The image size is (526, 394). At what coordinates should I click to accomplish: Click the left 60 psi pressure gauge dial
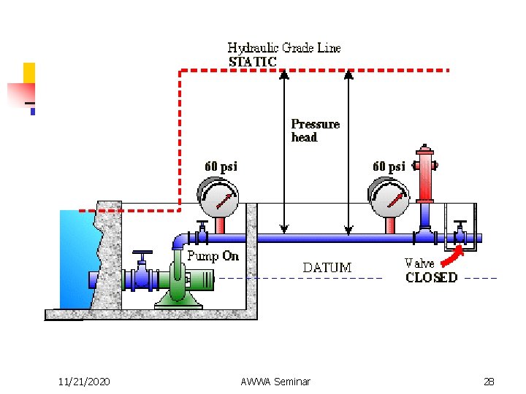point(218,198)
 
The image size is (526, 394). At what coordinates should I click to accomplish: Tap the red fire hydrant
point(424,175)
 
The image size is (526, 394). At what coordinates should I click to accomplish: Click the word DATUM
point(327,268)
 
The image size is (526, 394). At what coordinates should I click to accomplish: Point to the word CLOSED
point(431,277)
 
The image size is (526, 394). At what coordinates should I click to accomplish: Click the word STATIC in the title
point(253,62)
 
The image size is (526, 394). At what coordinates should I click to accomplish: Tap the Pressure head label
point(315,130)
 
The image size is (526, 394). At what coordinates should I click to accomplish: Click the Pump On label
point(213,255)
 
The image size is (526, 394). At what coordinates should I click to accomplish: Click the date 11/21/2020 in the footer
point(84,381)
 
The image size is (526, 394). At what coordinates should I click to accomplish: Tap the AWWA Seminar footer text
point(275,381)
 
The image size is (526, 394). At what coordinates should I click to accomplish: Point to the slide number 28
point(488,381)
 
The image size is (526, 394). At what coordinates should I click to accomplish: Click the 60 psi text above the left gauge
point(220,166)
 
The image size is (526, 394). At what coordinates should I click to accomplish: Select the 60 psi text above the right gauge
point(389,166)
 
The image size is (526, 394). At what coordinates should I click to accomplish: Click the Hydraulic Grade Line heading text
point(284,48)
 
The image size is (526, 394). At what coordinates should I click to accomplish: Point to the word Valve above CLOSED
point(419,263)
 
